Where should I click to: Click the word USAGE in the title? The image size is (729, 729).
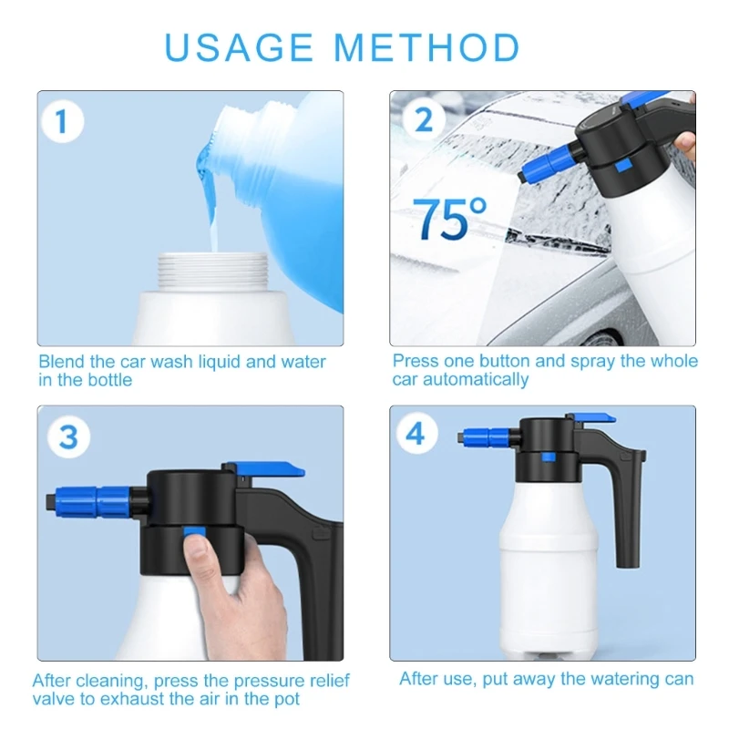239,47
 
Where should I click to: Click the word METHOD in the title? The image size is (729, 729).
426,47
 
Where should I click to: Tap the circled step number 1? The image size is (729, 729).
62,121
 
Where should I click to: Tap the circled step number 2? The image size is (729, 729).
424,120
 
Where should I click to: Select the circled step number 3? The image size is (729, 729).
69,437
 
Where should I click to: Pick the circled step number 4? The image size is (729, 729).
416,434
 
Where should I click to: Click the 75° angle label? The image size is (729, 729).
449,218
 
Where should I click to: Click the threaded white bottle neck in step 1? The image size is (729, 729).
212,271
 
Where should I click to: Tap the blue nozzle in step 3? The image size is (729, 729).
92,499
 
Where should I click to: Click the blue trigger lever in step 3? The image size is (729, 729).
266,469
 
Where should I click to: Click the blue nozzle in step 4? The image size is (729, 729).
487,437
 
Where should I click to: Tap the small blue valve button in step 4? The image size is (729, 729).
549,457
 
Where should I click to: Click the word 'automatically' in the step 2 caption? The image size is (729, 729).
476,379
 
